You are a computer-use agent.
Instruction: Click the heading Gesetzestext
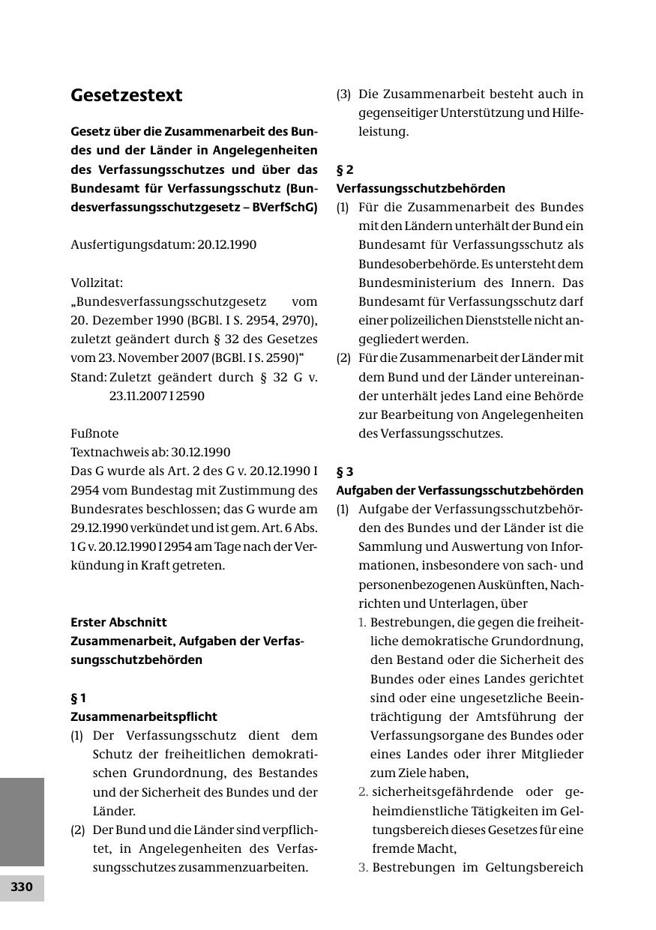[x=127, y=96]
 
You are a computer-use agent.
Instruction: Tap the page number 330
[x=22, y=887]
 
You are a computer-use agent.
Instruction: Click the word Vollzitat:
[x=97, y=283]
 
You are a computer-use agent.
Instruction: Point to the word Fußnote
[x=94, y=433]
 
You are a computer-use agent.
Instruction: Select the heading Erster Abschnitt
[x=118, y=622]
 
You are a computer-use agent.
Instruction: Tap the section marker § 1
[x=79, y=698]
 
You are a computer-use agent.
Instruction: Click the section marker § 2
[x=345, y=169]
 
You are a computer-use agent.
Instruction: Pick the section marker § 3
[x=345, y=471]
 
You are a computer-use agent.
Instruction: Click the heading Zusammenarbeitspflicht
[x=144, y=716]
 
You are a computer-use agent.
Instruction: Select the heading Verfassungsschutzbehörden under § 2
[x=421, y=188]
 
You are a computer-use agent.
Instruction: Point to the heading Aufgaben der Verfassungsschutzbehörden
[x=460, y=490]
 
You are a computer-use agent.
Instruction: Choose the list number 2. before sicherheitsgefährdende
[x=363, y=792]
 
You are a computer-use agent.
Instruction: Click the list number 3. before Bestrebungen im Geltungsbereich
[x=363, y=868]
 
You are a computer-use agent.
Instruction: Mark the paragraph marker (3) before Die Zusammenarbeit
[x=343, y=94]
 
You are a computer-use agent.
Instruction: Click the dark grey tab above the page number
[x=22, y=821]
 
